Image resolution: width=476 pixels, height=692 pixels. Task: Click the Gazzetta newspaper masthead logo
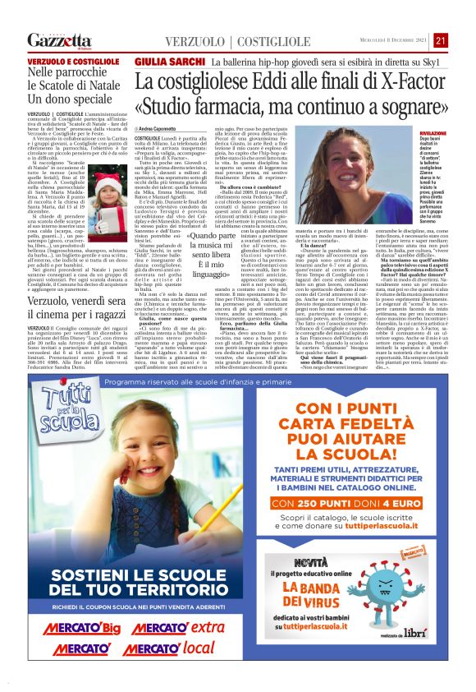pyautogui.click(x=60, y=41)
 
